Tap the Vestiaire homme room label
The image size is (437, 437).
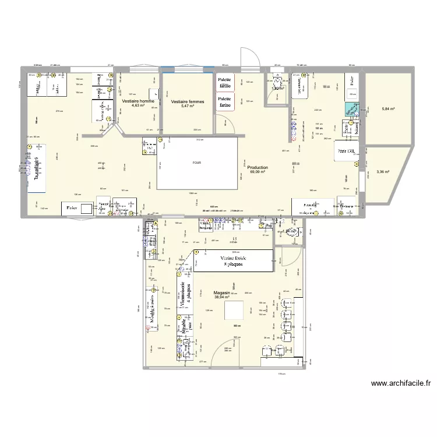click(x=138, y=103)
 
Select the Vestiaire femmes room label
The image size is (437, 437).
click(x=188, y=103)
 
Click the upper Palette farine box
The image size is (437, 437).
click(x=224, y=83)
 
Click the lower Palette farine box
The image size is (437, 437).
click(x=224, y=102)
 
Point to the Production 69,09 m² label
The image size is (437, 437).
click(x=257, y=169)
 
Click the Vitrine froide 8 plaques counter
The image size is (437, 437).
click(x=233, y=260)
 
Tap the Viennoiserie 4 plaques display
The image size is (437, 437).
click(x=183, y=294)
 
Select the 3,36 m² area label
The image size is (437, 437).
click(x=383, y=172)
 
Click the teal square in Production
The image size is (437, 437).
click(x=352, y=109)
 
